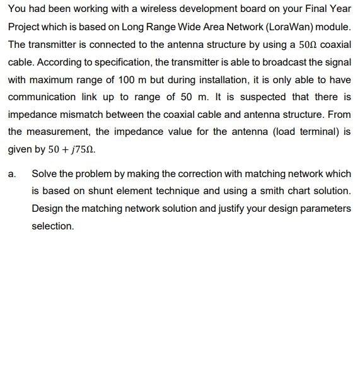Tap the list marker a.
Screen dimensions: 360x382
pyautogui.click(x=13, y=173)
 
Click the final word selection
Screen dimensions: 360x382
pyautogui.click(x=52, y=225)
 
